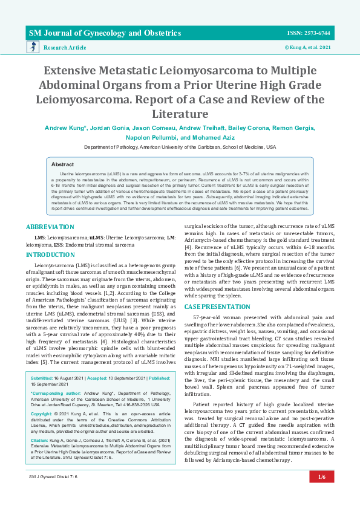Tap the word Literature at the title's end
point(180,113)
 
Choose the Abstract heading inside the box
point(62,164)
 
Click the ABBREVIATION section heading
point(50,226)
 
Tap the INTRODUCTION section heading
point(50,254)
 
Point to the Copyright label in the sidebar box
point(42,396)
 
